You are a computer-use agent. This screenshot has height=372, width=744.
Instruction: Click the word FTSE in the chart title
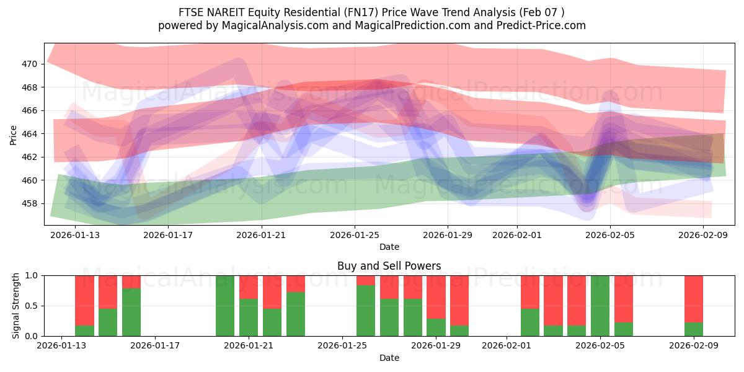(x=190, y=12)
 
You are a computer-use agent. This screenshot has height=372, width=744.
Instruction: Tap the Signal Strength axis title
(x=17, y=306)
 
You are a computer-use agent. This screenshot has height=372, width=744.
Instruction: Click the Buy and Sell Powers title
(x=389, y=266)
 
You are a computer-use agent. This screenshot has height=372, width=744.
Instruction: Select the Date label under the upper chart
(x=389, y=247)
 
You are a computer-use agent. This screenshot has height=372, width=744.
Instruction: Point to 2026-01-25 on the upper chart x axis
(x=355, y=234)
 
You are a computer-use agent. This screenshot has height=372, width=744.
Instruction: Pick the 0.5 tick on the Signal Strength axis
(x=31, y=306)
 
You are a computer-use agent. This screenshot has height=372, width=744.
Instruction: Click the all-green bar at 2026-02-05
(x=600, y=306)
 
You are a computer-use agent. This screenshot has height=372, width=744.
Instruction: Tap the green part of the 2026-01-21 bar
(x=249, y=317)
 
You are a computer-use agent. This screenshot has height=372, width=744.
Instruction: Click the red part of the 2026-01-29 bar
(x=436, y=296)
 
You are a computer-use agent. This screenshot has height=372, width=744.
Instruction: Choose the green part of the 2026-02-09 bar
(x=694, y=329)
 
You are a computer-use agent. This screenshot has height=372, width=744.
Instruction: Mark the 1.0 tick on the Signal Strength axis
(x=31, y=275)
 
